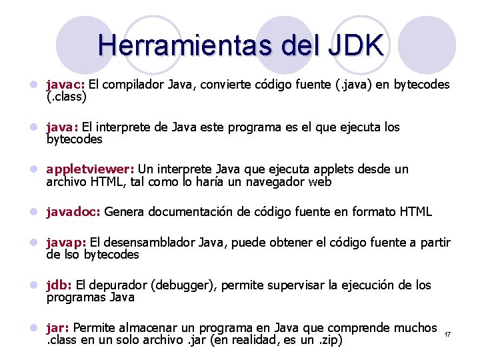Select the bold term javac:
65,85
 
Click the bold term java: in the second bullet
62,127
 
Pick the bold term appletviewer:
90,169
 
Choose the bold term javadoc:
73,212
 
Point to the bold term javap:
66,243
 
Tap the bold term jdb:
59,285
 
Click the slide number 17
447,333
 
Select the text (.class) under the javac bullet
67,97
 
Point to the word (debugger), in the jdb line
183,285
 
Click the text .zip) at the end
328,340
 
